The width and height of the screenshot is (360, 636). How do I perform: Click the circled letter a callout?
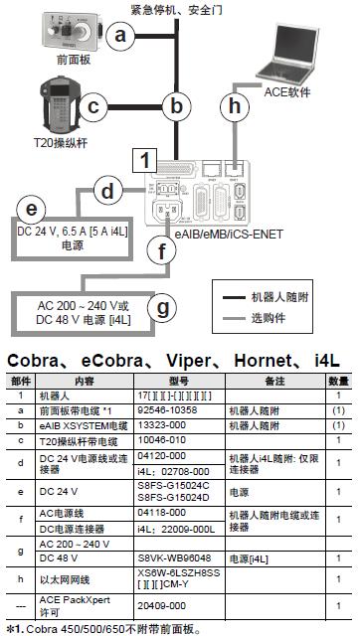click(x=121, y=37)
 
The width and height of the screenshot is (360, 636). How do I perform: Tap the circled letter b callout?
click(x=177, y=106)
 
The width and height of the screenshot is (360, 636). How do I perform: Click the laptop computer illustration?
click(x=297, y=49)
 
